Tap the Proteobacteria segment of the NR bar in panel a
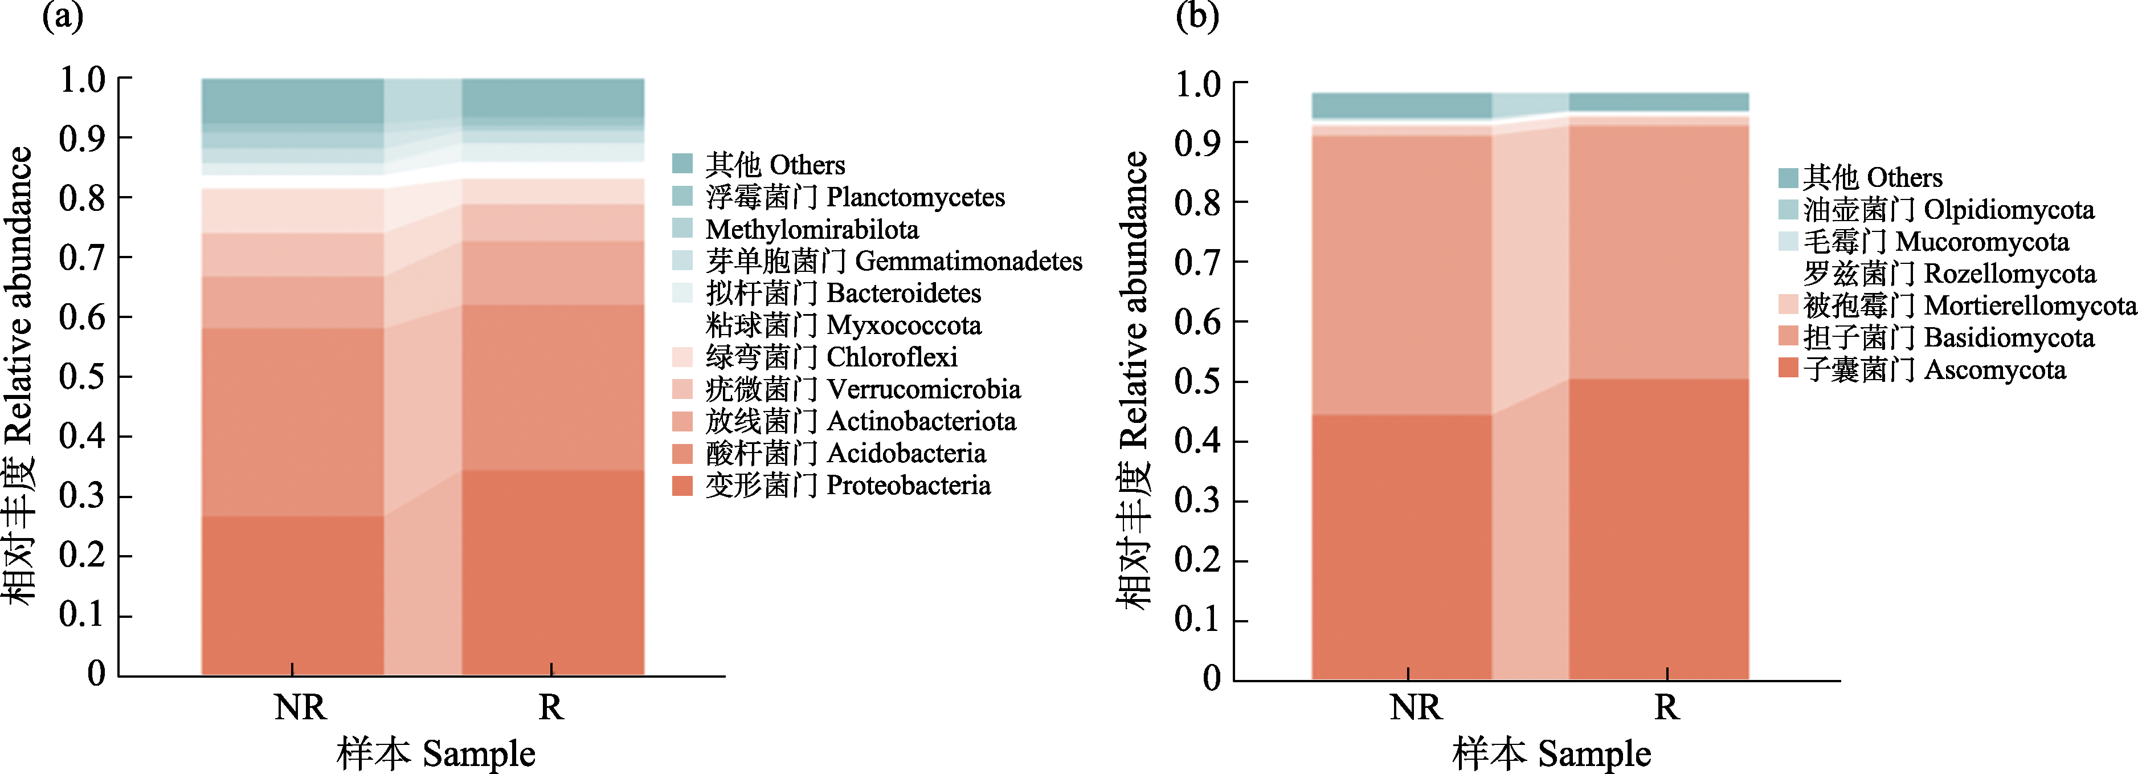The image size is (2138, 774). pos(292,594)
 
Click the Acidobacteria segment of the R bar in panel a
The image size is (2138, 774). pos(552,387)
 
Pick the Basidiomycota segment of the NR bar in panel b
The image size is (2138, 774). pos(1401,274)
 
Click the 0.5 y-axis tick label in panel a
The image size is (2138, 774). pos(82,376)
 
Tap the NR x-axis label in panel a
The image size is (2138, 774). pos(300,707)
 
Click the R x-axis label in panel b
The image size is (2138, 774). pos(1666,707)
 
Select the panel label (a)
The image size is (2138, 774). pos(62,17)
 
